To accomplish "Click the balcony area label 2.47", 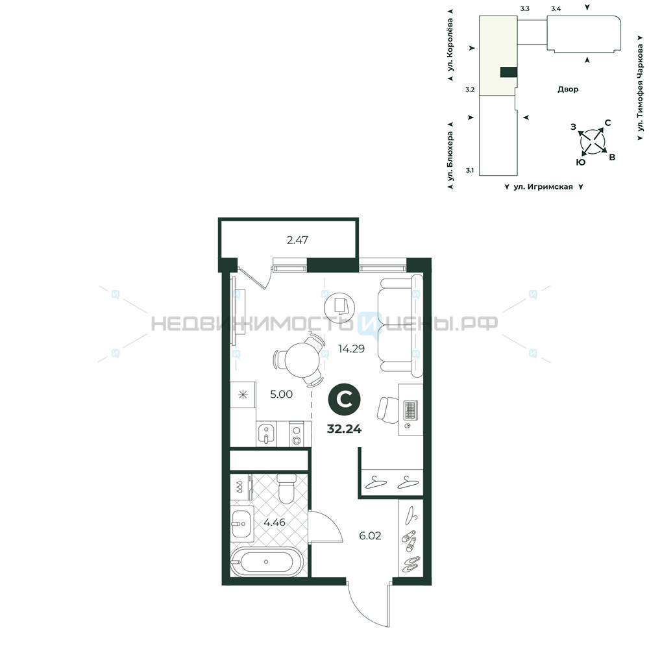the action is tap(297, 240).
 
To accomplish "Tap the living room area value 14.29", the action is tap(351, 349).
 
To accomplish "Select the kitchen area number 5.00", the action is tap(282, 394).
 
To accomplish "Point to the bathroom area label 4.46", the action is tap(275, 522).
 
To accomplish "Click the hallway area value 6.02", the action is tap(370, 536).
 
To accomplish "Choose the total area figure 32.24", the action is tap(345, 429).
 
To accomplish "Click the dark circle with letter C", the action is tap(345, 399).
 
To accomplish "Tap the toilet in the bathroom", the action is tap(286, 489).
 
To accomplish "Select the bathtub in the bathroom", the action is tap(267, 561).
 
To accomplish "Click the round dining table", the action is tap(302, 360).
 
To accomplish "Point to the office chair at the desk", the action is tap(388, 410).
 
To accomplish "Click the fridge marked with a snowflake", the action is tap(243, 395).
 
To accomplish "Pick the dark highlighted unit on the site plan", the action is tap(509, 73).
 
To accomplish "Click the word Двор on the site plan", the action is tap(568, 89).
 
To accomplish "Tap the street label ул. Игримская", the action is tap(543, 187).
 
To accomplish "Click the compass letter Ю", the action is tap(581, 162).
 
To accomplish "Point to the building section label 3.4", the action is tap(556, 8).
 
